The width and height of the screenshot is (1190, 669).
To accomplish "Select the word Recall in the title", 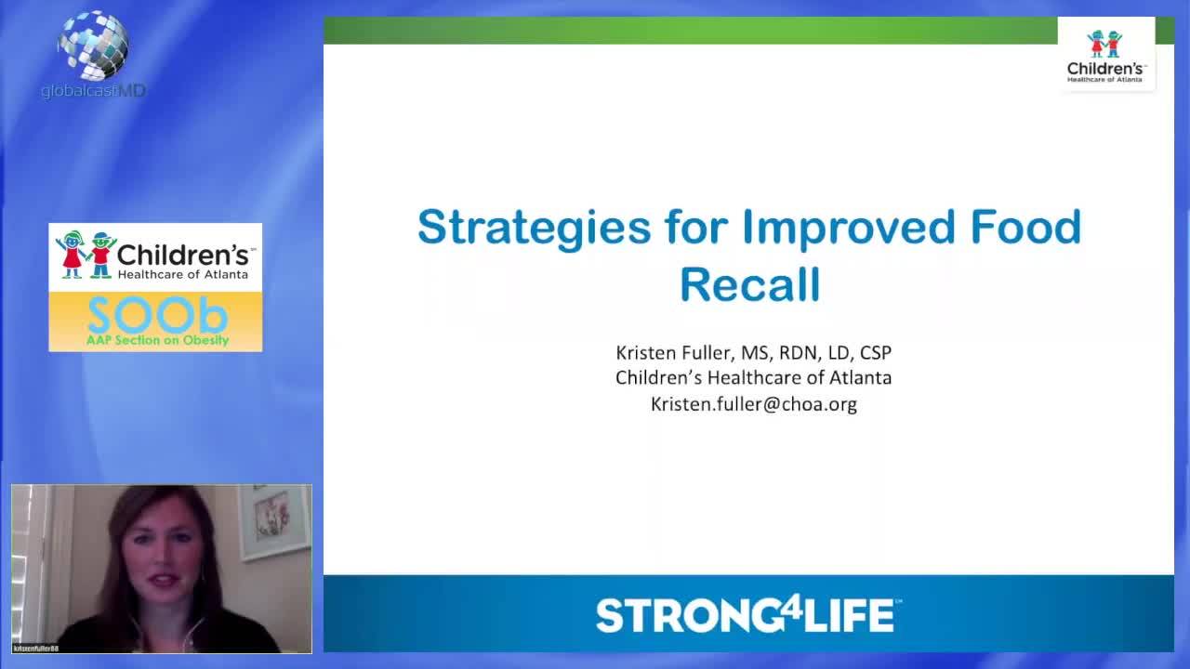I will [749, 284].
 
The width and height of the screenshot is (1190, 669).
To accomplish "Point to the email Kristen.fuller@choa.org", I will [753, 404].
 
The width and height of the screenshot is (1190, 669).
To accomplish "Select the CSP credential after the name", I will [874, 353].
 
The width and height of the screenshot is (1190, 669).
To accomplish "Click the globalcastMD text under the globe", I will [93, 91].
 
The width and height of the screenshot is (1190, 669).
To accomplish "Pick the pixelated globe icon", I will [93, 45].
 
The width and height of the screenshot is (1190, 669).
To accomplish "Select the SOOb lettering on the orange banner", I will [156, 316].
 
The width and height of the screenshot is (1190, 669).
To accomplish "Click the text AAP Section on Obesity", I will [156, 341].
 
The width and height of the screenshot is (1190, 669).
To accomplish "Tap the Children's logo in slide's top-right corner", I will [1105, 55].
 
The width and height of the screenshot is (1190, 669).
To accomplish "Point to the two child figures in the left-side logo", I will [86, 255].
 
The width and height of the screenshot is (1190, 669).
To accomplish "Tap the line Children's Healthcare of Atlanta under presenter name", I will [753, 378].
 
